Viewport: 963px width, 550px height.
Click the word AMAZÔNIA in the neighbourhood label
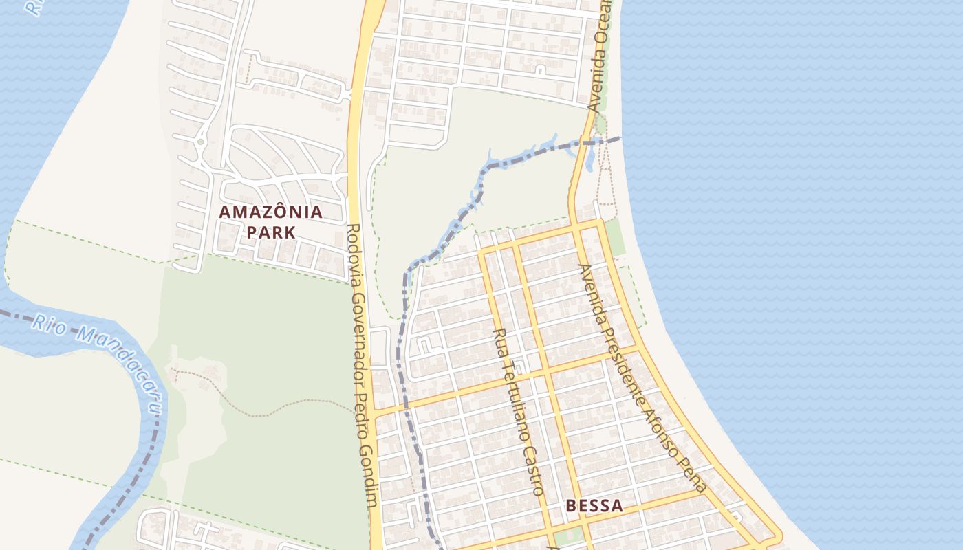click(270, 212)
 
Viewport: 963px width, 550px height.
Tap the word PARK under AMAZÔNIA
click(271, 232)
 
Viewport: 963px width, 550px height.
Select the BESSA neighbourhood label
click(594, 507)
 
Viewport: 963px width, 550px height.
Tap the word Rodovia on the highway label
click(356, 254)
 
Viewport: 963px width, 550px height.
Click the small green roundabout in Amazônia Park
click(200, 142)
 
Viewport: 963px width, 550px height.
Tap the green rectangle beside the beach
click(614, 236)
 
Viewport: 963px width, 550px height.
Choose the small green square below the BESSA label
click(566, 536)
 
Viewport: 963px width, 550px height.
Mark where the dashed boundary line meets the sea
click(620, 137)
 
